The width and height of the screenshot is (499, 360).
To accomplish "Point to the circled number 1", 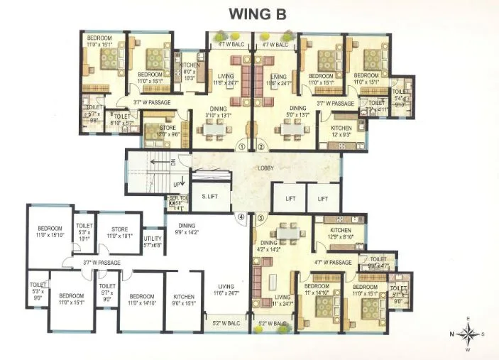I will pos(241,147).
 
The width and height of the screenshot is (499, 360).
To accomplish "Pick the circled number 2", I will pos(261,147).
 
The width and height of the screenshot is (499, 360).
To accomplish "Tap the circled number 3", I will pos(261,217).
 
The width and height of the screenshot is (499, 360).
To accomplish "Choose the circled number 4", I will pos(241,217).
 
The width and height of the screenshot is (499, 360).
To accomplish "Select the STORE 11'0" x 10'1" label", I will pos(119,232).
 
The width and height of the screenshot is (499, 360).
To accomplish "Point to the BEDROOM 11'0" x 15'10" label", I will pos(50,231).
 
